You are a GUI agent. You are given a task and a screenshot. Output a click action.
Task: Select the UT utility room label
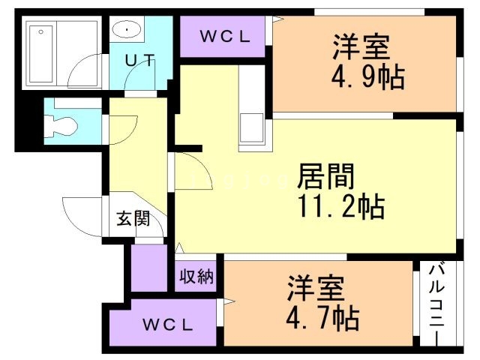[139, 61]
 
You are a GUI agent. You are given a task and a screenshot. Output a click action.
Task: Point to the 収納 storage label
[196, 276]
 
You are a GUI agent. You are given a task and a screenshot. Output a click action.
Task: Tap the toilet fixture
[60, 124]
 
